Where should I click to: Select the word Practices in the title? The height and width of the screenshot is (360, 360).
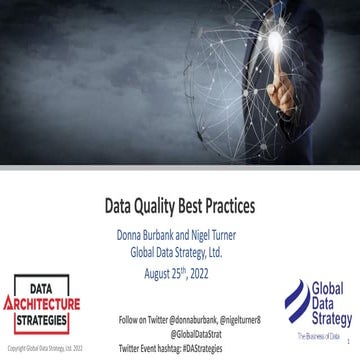[x=226, y=209]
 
